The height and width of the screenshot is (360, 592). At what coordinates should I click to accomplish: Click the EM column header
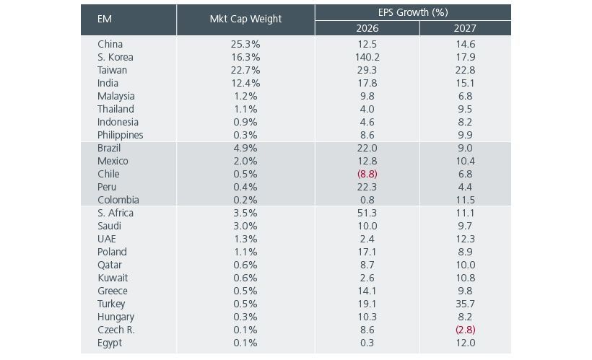(x=105, y=19)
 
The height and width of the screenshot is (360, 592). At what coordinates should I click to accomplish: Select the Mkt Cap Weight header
(x=245, y=19)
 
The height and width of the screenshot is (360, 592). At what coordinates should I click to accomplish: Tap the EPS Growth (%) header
(x=413, y=12)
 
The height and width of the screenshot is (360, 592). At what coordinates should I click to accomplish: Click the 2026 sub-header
(x=367, y=29)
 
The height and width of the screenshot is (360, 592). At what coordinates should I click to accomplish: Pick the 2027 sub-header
(x=465, y=29)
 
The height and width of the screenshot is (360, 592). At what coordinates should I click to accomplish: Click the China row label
(x=110, y=44)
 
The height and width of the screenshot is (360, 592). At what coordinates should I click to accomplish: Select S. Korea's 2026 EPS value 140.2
(x=367, y=57)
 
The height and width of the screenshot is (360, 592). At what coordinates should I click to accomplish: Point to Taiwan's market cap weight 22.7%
(x=245, y=70)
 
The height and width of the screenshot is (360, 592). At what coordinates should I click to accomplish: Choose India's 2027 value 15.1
(x=465, y=83)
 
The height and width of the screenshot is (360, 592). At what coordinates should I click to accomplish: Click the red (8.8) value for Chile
(x=367, y=174)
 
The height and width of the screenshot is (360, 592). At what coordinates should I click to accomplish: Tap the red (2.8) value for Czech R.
(x=465, y=330)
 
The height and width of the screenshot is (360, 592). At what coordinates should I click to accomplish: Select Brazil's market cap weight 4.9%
(x=245, y=148)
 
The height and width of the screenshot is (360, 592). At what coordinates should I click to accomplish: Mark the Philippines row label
(x=120, y=135)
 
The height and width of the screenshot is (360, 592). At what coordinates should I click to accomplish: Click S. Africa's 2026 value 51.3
(x=367, y=213)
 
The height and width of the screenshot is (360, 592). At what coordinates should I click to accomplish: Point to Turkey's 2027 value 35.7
(x=465, y=304)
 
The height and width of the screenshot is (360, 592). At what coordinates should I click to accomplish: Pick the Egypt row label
(x=110, y=343)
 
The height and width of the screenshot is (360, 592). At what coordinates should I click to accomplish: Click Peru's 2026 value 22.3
(x=367, y=187)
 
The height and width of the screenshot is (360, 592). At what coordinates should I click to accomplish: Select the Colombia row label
(x=118, y=200)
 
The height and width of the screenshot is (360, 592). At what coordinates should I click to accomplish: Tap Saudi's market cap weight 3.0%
(x=245, y=226)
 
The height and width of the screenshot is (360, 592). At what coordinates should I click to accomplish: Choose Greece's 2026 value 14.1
(x=367, y=291)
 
